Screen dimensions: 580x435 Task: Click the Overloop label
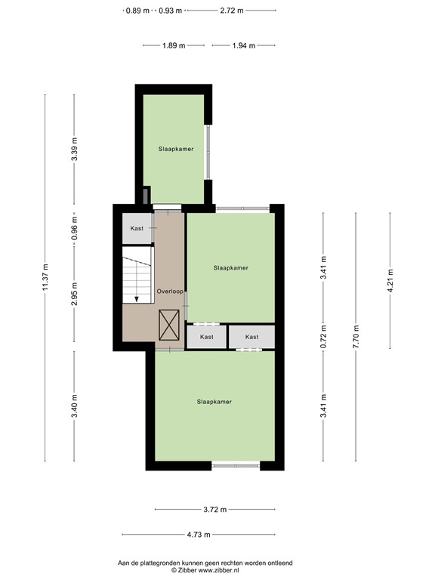click(x=170, y=291)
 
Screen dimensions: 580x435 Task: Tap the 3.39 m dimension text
click(x=74, y=150)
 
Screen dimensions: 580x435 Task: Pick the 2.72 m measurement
click(x=232, y=11)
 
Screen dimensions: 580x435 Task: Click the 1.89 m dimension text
click(x=174, y=45)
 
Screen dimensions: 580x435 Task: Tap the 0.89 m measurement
click(x=137, y=11)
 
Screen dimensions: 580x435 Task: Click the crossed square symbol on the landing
click(x=170, y=325)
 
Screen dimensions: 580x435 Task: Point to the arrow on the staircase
click(x=136, y=298)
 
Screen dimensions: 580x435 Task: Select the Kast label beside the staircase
click(x=137, y=228)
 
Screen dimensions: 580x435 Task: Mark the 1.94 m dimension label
click(x=244, y=45)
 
